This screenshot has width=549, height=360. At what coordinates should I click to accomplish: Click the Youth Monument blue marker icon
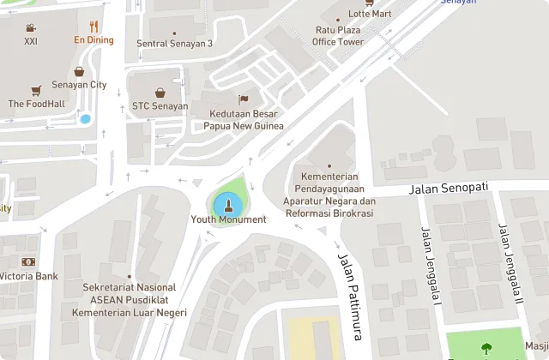[228, 204]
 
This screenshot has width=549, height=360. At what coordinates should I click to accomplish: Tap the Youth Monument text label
[228, 219]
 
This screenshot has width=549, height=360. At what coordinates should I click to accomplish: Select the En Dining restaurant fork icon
[94, 27]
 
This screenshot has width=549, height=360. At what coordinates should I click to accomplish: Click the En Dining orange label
[94, 39]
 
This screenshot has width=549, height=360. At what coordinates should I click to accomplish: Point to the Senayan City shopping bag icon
[80, 72]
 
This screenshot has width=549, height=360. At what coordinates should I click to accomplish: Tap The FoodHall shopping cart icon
[35, 90]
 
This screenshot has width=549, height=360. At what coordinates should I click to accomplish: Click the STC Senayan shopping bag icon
[160, 93]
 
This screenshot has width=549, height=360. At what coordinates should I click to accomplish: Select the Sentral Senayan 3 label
[175, 44]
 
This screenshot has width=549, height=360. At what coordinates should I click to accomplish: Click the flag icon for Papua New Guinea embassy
[243, 99]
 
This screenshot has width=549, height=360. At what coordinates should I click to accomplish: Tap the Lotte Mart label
[369, 14]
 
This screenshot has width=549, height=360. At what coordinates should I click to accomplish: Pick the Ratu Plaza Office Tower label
[337, 35]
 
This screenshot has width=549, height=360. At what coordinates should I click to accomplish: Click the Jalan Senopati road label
[449, 187]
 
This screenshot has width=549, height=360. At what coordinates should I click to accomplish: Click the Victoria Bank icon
[28, 261]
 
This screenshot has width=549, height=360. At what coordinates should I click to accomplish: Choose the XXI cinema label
[31, 40]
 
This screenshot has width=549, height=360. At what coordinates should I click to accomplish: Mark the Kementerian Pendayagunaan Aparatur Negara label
[330, 189]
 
